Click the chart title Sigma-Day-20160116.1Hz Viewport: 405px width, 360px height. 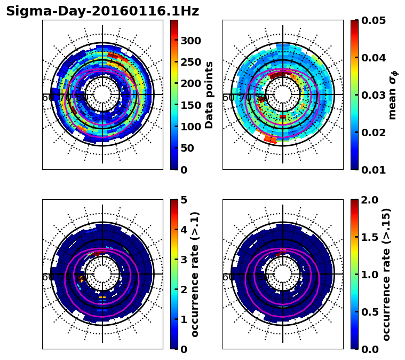[102, 11]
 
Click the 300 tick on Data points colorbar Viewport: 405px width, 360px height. [190, 41]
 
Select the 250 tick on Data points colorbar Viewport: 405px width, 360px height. [190, 62]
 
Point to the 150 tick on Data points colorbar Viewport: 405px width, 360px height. [190, 105]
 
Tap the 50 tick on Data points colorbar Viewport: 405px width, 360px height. [187, 148]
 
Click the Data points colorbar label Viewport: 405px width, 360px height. [209, 95]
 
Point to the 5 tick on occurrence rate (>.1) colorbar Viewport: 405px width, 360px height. [183, 200]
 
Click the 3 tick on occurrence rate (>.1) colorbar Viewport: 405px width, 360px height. [183, 260]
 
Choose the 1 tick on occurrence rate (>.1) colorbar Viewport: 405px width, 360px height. [183, 319]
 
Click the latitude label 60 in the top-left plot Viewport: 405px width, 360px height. [47, 98]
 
